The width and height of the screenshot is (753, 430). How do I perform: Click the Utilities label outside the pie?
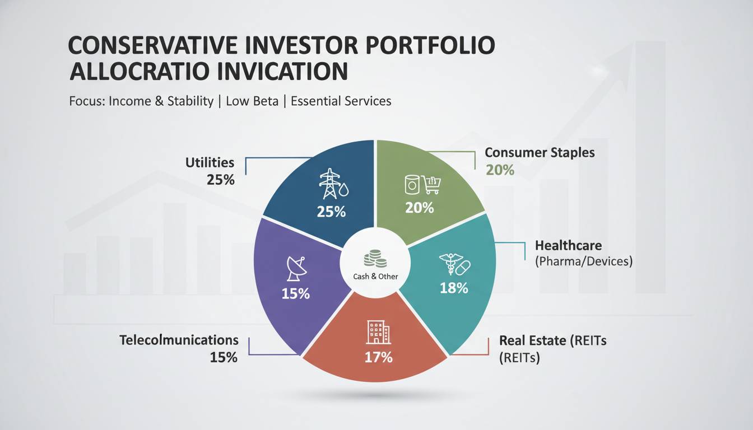210,162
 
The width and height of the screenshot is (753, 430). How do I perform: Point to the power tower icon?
329,184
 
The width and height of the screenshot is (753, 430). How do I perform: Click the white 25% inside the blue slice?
331,212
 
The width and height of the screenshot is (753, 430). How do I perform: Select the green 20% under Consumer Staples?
500,170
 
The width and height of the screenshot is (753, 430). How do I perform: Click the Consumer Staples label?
540,152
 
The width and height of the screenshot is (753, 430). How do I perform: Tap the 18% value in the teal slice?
454,288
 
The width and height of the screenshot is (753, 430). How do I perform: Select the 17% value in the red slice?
378,357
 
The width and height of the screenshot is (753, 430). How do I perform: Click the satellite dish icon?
296,268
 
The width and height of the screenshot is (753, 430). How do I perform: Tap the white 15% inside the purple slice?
296,293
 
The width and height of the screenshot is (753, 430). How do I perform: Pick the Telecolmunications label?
179,340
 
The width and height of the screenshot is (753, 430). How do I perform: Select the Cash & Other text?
376,277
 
